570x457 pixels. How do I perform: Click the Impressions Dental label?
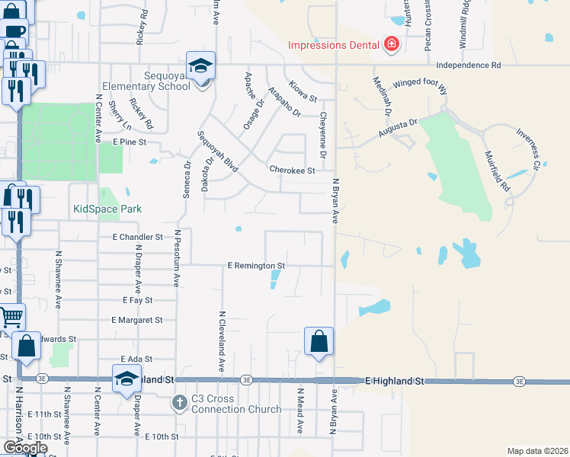[x=333, y=45]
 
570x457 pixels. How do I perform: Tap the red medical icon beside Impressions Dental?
[x=392, y=45]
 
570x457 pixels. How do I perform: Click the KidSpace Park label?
[x=107, y=209]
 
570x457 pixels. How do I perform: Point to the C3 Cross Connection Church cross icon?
[x=179, y=403]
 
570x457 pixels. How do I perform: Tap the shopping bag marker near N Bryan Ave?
[x=319, y=342]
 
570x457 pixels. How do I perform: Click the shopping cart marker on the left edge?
[x=11, y=317]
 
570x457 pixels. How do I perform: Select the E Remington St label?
[x=256, y=266]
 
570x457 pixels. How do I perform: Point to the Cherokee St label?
[x=292, y=171]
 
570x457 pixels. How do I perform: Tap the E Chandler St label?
[x=138, y=238]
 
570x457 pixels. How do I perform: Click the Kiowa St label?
[x=302, y=91]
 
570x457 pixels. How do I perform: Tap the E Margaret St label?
[x=137, y=321]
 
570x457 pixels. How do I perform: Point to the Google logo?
[x=24, y=448]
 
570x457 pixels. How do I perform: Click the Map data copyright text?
[x=537, y=451]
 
